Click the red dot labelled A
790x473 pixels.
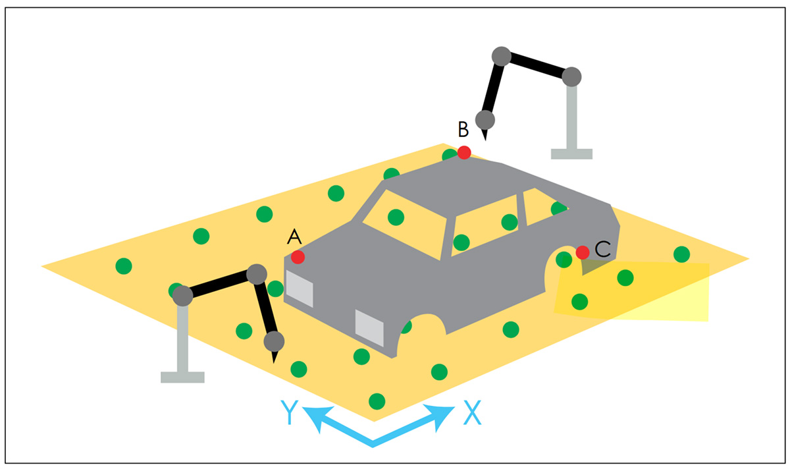pos(298,257)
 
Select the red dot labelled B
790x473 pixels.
pos(464,152)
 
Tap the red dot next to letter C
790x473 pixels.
pos(582,252)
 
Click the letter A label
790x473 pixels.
pos(294,236)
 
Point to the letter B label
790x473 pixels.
pos(463,128)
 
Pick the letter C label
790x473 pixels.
pos(602,249)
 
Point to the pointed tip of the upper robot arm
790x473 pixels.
pos(485,137)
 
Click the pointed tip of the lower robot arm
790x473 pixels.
pos(274,359)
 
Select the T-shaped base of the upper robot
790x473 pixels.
pos(571,153)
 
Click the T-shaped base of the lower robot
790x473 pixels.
pos(182,377)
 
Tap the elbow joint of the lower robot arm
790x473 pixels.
pos(256,274)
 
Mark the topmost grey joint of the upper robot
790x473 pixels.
pos(502,56)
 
